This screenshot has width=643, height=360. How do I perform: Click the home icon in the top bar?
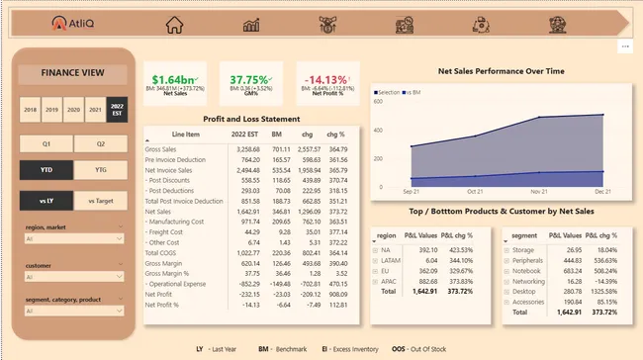point(175,25)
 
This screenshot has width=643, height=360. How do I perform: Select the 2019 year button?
point(52,110)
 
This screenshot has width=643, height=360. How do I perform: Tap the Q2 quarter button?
point(100,143)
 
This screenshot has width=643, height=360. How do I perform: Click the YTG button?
point(100,170)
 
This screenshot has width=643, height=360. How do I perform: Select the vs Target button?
point(100,201)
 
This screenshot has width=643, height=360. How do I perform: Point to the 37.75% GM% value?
point(250,79)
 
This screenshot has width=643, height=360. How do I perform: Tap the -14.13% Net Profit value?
point(324,79)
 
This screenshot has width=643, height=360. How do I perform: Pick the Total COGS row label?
point(162,252)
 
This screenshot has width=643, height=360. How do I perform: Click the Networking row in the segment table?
point(531,281)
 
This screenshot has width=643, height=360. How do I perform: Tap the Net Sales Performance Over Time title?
point(502,72)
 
